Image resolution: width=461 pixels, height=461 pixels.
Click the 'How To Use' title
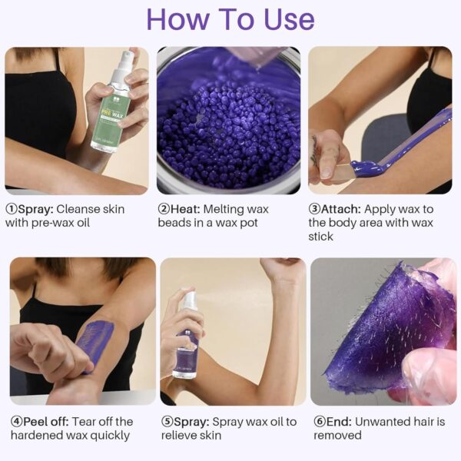230,19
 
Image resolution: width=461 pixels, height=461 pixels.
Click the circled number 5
167,421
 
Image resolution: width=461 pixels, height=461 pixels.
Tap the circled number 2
164,209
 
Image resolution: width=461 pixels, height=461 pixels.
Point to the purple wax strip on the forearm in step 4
96,342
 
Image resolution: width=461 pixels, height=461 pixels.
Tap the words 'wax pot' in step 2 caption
257,223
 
